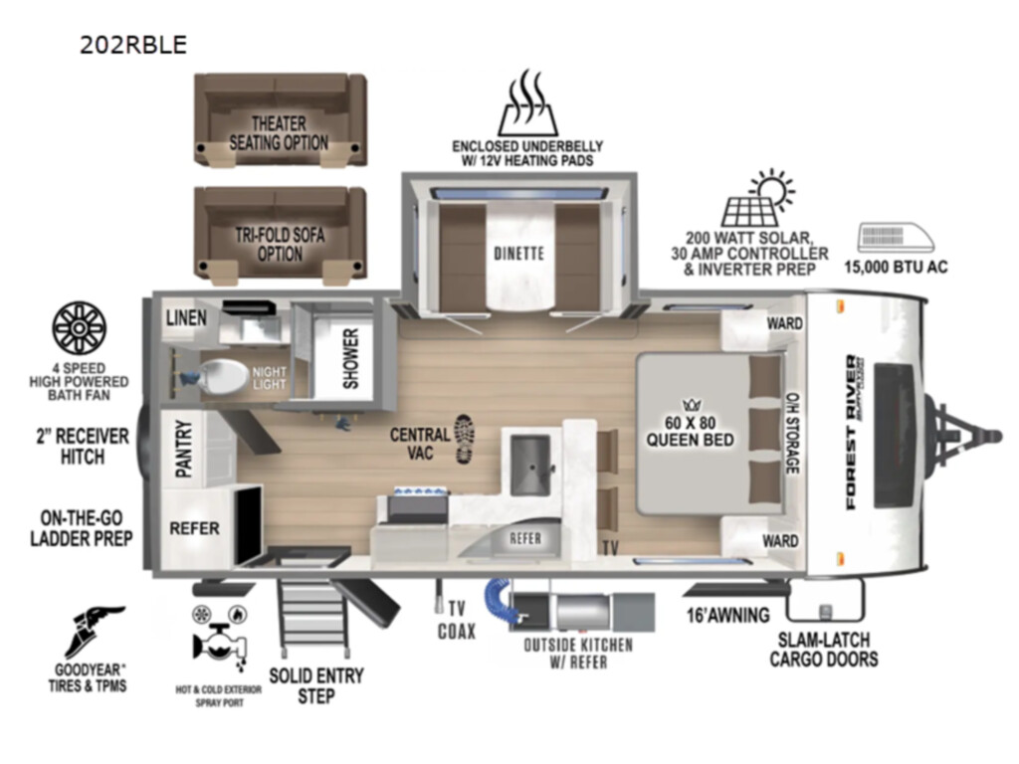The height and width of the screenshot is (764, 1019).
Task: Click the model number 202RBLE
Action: pos(133,44)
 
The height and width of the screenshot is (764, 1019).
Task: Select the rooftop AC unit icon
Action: pos(896,238)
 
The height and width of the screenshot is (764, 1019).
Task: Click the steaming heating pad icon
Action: pos(527,102)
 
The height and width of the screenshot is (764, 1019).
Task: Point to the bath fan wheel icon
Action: pos(79,328)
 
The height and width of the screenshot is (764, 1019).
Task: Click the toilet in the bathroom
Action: pos(221,376)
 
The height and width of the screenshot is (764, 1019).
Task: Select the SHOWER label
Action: pos(351,358)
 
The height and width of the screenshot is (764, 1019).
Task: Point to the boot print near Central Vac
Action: pos(464,439)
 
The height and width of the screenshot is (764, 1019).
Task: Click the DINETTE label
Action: pos(518,253)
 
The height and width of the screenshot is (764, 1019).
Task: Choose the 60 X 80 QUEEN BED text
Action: pos(690,432)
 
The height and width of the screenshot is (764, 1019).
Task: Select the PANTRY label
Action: pos(184,449)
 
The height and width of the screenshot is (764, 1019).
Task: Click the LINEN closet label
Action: pos(186,317)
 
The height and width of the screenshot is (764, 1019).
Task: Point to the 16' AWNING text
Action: pos(728,615)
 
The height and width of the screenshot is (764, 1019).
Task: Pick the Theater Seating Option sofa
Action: pos(280,119)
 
